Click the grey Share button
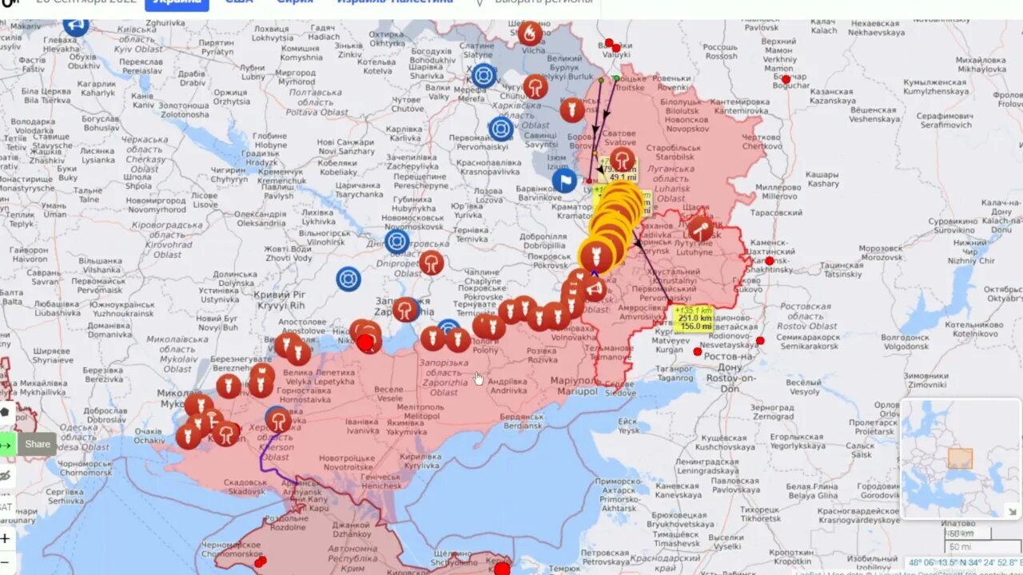pos(37,445)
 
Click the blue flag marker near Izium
pos(564,181)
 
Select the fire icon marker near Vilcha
pos(529,33)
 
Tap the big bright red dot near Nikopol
pos(366,343)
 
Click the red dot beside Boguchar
pos(786,79)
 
